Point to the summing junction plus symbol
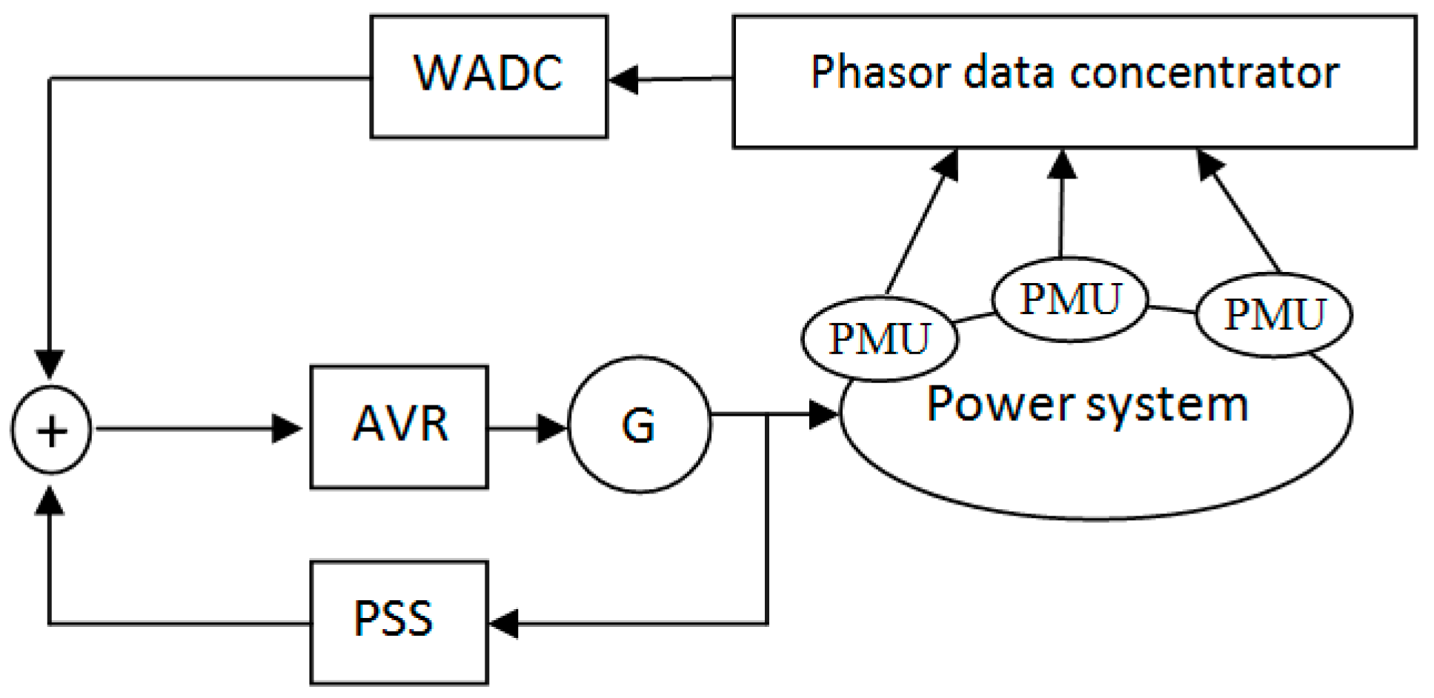51,430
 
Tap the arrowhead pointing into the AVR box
288,428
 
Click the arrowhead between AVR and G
552,428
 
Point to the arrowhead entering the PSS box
504,622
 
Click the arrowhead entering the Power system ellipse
824,414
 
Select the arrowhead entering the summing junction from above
50,365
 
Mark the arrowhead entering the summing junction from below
50,500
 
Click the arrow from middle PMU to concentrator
1062,203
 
